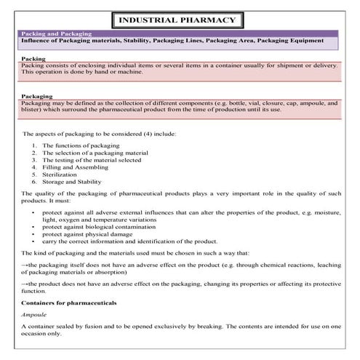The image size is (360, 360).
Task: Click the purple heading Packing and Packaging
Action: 50,33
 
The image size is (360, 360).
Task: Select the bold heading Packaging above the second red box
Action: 37,95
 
